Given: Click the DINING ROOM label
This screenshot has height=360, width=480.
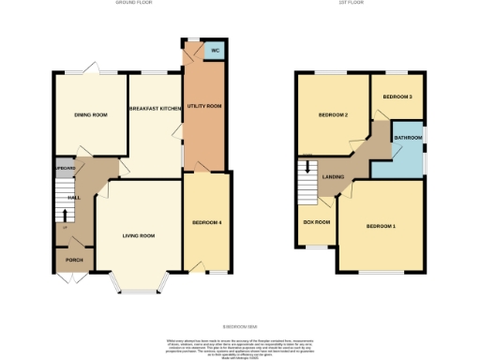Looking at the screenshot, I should click(91, 114).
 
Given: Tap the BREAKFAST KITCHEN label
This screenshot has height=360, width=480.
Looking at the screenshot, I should click(156, 109).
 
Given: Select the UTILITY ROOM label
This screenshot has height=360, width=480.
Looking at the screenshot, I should click(203, 107).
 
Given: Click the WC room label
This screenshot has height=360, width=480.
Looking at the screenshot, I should click(215, 50).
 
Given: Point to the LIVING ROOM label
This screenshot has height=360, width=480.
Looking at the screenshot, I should click(138, 235).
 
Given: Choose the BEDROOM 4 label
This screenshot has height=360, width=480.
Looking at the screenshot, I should click(207, 222).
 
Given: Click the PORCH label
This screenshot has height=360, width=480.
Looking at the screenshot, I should click(71, 261).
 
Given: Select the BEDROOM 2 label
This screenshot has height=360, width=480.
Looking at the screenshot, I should click(333, 115).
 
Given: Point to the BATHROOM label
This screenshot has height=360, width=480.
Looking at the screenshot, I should click(408, 138).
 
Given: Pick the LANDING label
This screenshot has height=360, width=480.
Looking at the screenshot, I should click(333, 176).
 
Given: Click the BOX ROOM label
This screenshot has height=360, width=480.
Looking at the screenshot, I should click(317, 222).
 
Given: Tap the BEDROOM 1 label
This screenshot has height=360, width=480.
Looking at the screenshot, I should click(381, 227).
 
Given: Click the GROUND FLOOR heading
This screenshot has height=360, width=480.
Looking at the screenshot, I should click(134, 4).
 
